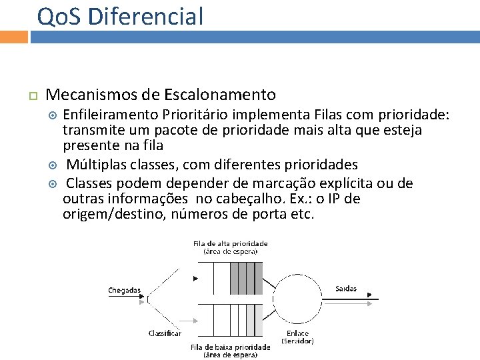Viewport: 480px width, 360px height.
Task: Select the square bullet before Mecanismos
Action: [x=30, y=97]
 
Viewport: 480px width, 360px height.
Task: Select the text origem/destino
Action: [x=113, y=215]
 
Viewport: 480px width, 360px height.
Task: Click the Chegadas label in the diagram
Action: [x=125, y=290]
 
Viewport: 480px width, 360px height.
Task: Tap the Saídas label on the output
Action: [x=345, y=289]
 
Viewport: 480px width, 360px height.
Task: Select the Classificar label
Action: [x=164, y=332]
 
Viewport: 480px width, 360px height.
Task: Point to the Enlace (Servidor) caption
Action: [x=297, y=337]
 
